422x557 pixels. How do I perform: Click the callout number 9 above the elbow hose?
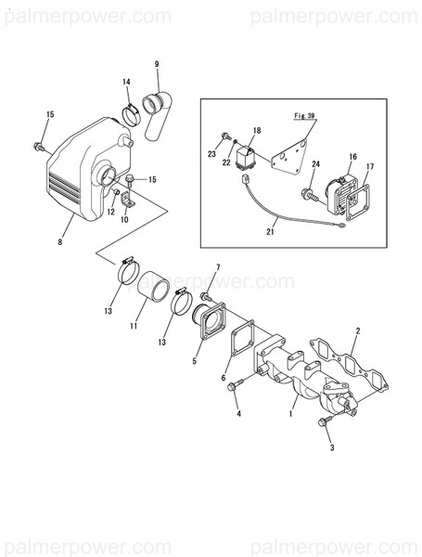(x=157, y=63)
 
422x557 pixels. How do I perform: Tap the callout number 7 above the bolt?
(x=217, y=267)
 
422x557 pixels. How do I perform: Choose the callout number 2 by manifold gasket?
(x=358, y=330)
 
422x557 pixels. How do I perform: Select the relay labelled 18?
(x=249, y=151)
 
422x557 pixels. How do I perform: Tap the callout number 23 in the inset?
(x=212, y=152)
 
